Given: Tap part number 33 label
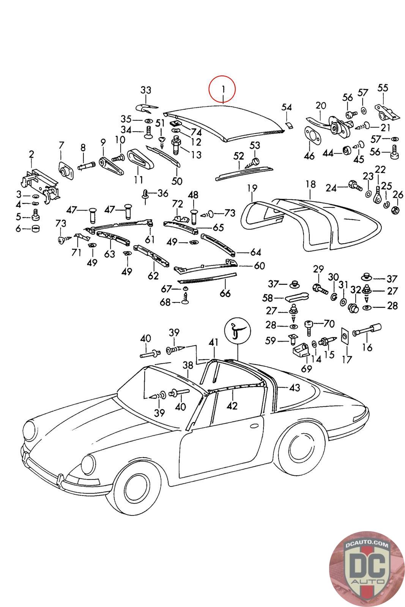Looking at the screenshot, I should point(146,90).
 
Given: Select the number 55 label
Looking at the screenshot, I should point(383,88).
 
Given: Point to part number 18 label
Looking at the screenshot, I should point(310,184).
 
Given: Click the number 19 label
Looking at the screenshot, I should point(252,187).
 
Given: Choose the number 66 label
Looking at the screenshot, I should point(225,293).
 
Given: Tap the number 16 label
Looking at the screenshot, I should point(367,347).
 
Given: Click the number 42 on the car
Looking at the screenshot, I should point(232,406).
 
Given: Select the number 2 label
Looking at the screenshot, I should point(32,154).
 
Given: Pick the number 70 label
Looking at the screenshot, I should point(329,324).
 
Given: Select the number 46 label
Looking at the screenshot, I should point(309,156).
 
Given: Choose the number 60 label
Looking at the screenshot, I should point(260,266).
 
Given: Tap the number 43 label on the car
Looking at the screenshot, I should point(295,387).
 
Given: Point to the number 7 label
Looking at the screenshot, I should point(61,145).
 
